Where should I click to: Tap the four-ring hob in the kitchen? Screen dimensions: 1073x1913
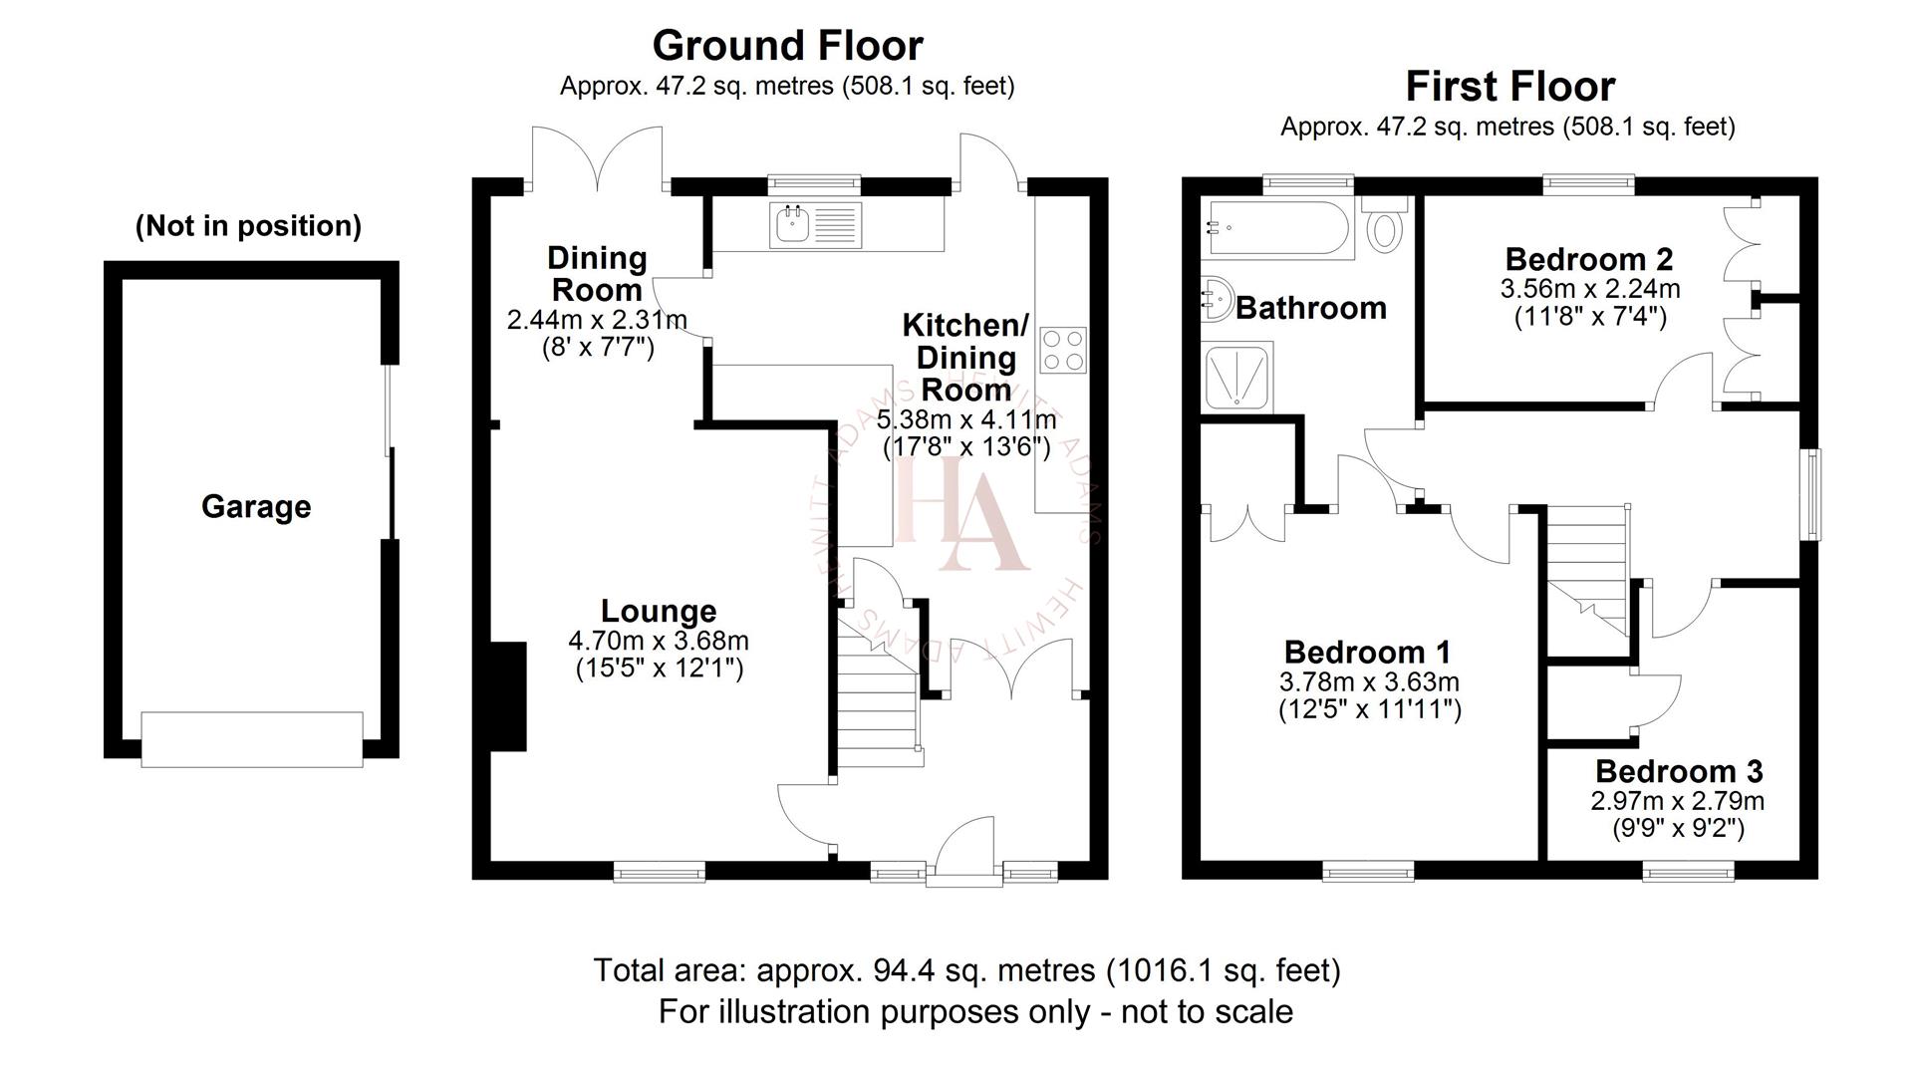[x=1062, y=350]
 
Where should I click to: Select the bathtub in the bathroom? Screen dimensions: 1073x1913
[x=1277, y=229]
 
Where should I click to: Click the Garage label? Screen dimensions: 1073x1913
[x=256, y=507]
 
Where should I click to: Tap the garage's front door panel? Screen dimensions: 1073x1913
[x=252, y=738]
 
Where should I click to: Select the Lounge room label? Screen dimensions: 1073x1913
[x=658, y=611]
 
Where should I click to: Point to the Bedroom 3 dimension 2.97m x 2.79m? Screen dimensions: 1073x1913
[x=1677, y=801]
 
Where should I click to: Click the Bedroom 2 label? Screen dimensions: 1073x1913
[x=1588, y=259]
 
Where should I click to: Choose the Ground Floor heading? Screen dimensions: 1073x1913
[x=787, y=46]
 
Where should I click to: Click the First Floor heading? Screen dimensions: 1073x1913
[x=1508, y=87]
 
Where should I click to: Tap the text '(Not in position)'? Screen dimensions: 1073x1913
[x=248, y=226]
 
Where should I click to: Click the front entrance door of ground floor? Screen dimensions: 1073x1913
[x=965, y=852]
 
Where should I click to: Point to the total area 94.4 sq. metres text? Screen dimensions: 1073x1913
[x=965, y=969]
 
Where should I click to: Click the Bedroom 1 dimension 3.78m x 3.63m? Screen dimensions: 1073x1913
[x=1368, y=682]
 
